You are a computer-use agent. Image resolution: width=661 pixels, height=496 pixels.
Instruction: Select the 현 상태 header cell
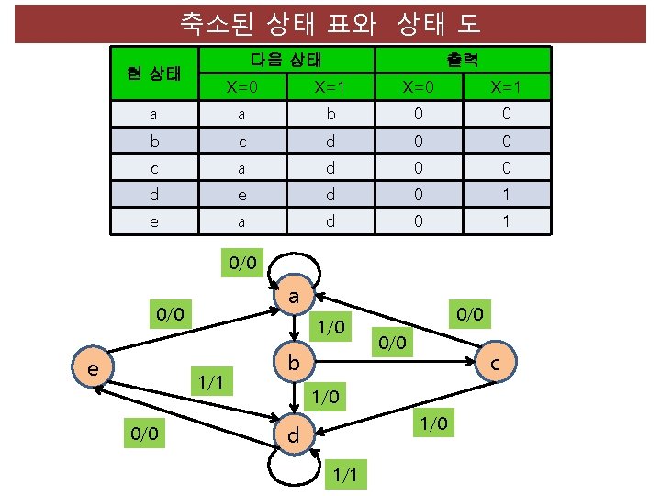[x=153, y=73]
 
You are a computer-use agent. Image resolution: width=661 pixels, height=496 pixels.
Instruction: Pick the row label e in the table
[x=153, y=221]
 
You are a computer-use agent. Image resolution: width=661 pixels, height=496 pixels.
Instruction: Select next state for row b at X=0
[x=241, y=141]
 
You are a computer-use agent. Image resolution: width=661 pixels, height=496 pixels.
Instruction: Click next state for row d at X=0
[x=241, y=195]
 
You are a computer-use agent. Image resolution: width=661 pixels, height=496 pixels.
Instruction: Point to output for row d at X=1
[x=506, y=195]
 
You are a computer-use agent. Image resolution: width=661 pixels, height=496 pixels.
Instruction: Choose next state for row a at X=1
[x=330, y=115]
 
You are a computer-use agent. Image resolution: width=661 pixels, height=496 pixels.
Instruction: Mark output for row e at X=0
[x=418, y=221]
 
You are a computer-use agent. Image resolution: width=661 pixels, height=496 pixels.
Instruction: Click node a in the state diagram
[x=293, y=299]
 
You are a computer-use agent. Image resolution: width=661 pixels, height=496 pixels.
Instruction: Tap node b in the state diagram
[x=293, y=365]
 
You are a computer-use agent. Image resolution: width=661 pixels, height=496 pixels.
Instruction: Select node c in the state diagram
[x=495, y=365]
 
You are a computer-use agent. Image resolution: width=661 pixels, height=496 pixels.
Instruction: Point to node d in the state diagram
[x=293, y=434]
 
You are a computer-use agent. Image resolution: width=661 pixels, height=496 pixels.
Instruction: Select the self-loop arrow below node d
[x=293, y=464]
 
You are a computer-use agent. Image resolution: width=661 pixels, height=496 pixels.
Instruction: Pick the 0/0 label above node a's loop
[x=242, y=265]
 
